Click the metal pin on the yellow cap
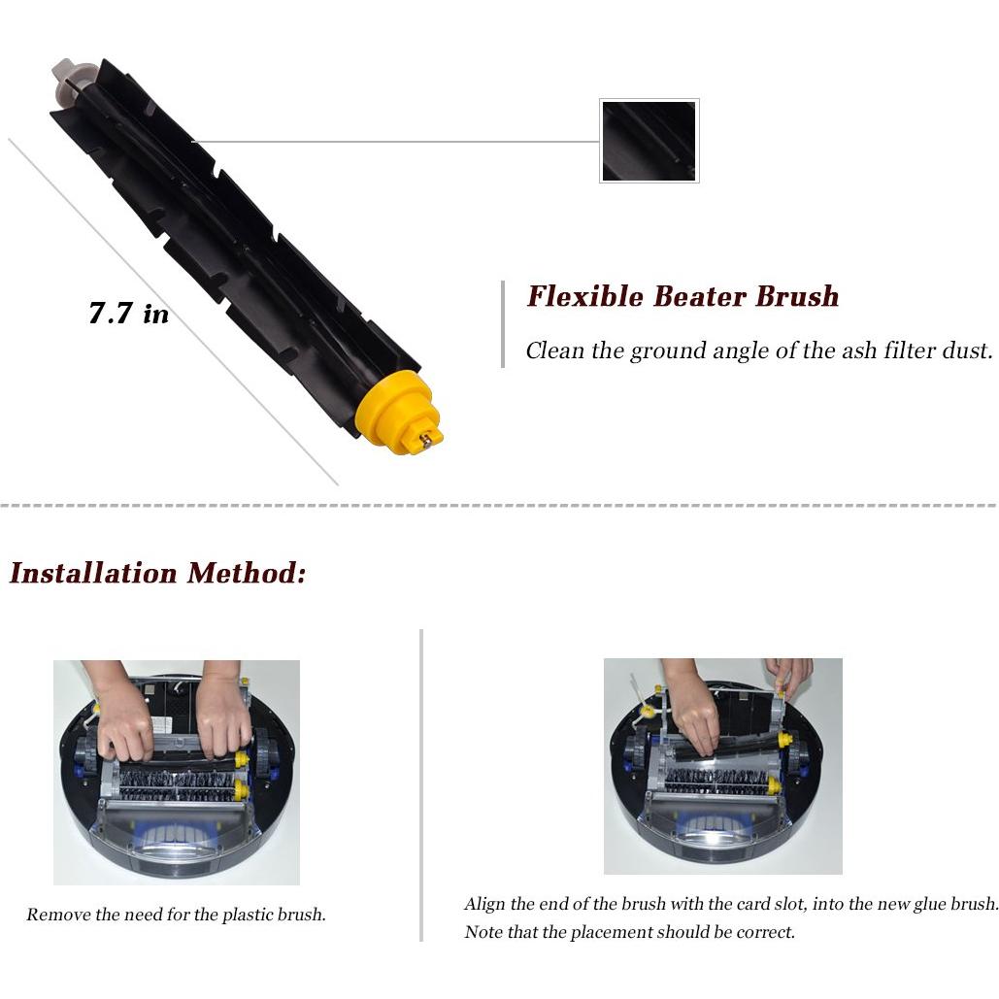tap(425, 440)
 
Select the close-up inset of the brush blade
tap(649, 141)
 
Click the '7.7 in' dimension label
tap(128, 314)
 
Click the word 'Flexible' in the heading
tap(584, 296)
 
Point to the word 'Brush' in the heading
tap(797, 296)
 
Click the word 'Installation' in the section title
tap(93, 573)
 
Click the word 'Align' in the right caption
tap(484, 904)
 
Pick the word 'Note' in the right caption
tap(483, 932)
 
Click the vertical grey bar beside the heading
tap(503, 324)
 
